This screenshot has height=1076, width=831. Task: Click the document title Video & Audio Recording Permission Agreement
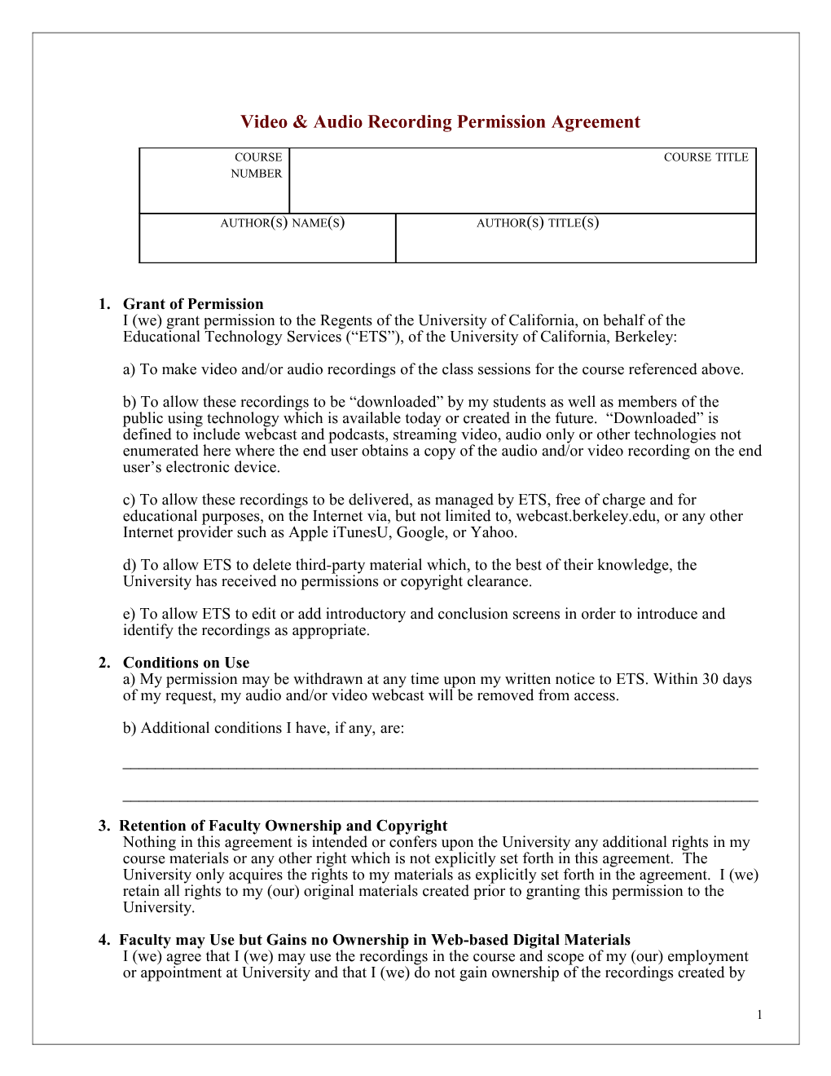point(440,122)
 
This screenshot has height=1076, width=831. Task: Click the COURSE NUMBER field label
point(257,165)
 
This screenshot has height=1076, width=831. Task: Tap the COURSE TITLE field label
point(706,157)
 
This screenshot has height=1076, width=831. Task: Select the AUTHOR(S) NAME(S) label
point(282,223)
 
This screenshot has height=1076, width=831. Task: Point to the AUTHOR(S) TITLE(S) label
point(538,223)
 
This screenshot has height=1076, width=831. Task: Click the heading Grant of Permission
point(193,304)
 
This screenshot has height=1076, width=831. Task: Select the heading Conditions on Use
point(186,663)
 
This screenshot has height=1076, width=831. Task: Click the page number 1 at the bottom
point(759,1015)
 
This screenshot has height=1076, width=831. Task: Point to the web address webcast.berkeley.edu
point(586,516)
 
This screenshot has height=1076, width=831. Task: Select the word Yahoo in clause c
point(492,532)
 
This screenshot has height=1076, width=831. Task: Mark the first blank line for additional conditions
point(440,766)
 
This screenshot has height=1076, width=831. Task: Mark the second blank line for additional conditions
point(440,800)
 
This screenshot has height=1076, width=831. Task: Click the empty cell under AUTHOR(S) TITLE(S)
point(575,246)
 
